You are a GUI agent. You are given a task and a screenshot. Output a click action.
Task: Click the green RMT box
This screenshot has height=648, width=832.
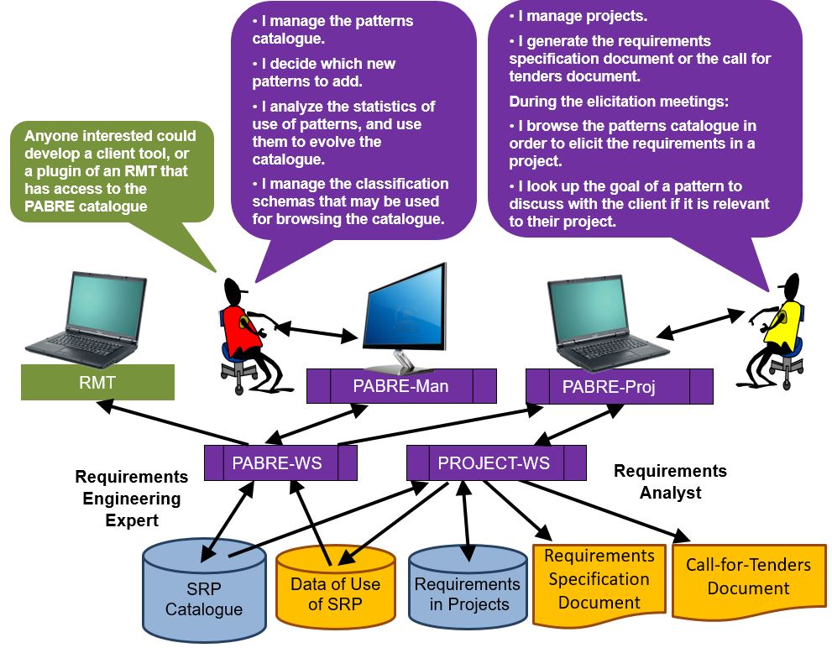pyautogui.click(x=97, y=383)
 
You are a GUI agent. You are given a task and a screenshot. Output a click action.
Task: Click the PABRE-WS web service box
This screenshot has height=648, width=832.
pyautogui.click(x=280, y=462)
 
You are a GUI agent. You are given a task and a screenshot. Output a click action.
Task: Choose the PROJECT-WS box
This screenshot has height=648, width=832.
pyautogui.click(x=495, y=462)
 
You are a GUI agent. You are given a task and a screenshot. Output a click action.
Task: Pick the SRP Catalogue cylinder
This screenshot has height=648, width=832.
pyautogui.click(x=204, y=588)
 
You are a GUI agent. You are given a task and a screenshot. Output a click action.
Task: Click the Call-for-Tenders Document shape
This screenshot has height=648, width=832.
pyautogui.click(x=748, y=577)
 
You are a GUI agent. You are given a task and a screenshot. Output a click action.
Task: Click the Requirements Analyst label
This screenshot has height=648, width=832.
pyautogui.click(x=670, y=482)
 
